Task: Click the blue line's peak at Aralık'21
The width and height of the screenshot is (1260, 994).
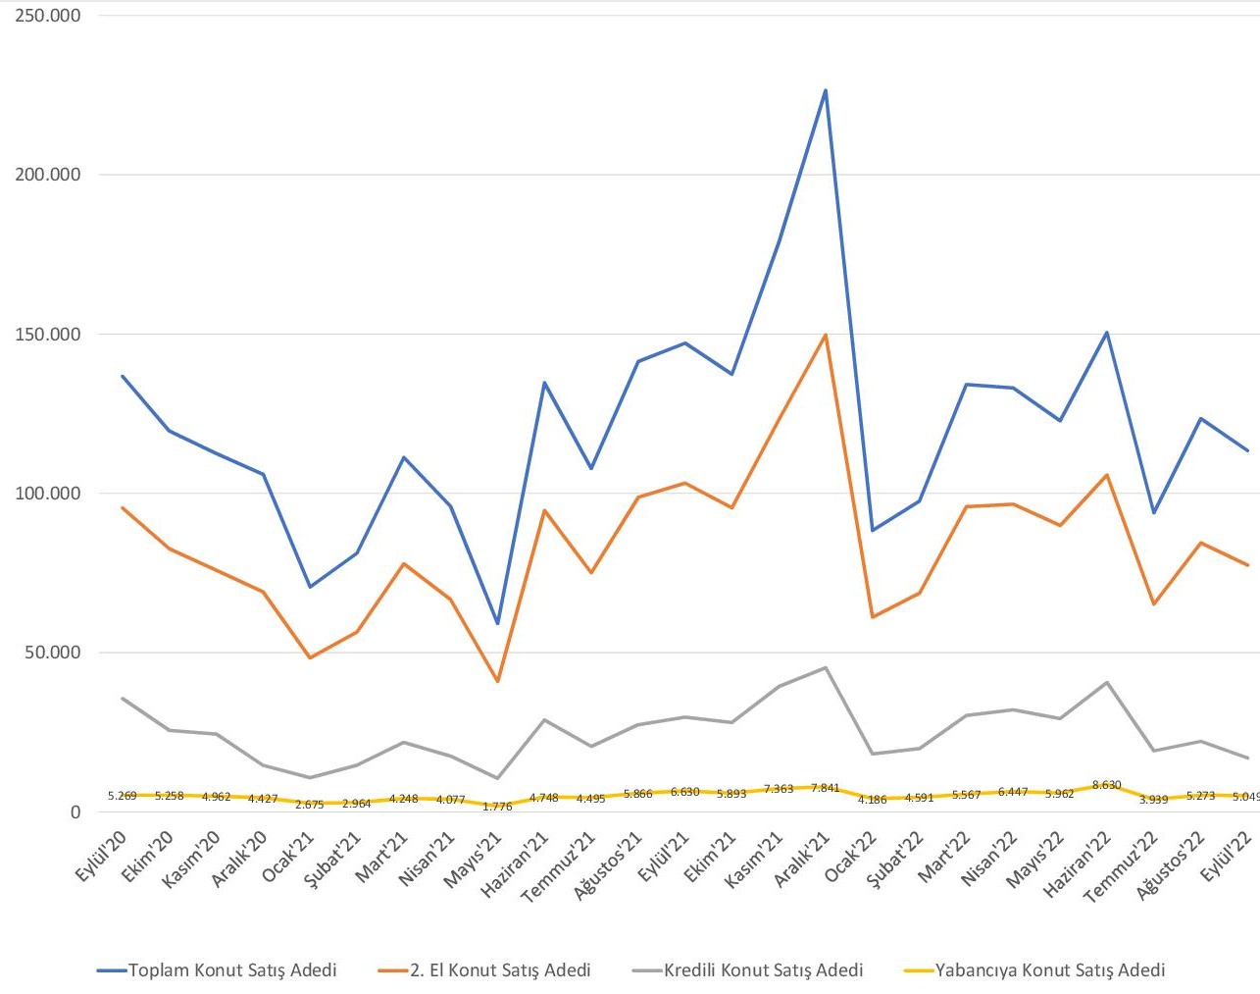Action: [826, 90]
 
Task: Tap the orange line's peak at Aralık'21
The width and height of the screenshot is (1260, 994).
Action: [826, 335]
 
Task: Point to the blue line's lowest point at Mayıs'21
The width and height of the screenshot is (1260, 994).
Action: [497, 623]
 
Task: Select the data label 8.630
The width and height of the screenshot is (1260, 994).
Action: [1106, 785]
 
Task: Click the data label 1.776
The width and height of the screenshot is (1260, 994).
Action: [497, 807]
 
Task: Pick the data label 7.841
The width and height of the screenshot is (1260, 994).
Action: [826, 788]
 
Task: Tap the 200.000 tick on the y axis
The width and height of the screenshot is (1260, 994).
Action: [47, 175]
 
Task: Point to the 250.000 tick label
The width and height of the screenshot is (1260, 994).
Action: [47, 16]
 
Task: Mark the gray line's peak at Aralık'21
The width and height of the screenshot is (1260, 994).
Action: [826, 667]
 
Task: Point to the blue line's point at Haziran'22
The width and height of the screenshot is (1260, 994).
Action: [1106, 333]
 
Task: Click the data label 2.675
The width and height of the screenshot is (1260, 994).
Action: [309, 805]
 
